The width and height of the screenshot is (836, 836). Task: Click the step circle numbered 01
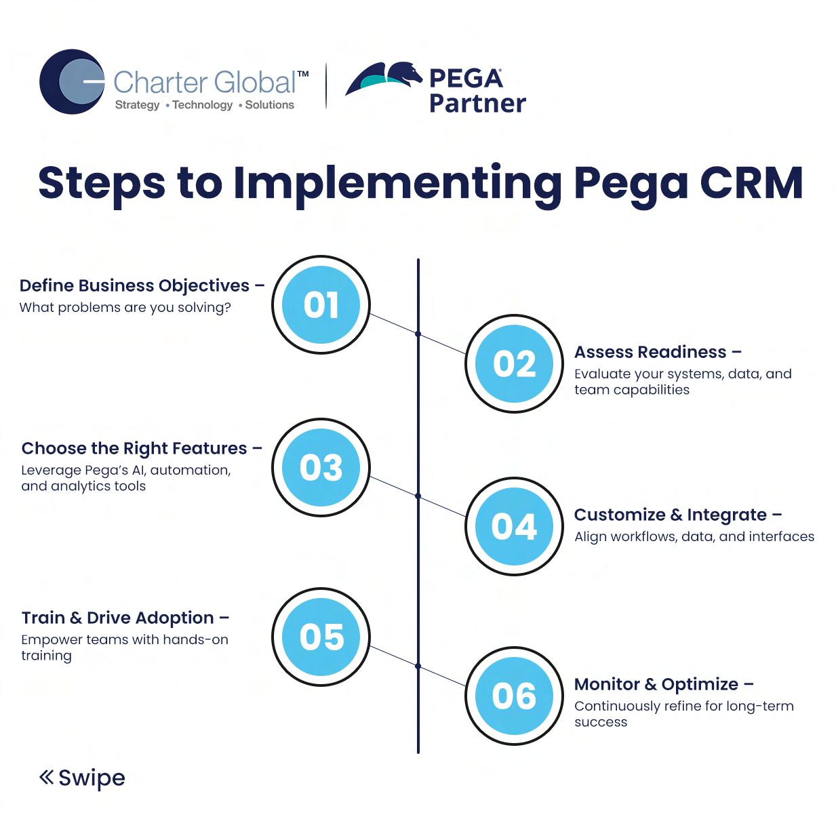(321, 304)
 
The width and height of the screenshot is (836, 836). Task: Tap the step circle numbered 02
(514, 364)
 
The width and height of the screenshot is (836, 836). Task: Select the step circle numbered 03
(321, 467)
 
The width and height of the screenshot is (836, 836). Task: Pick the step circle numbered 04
(514, 527)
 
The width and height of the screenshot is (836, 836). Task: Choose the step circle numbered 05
(321, 637)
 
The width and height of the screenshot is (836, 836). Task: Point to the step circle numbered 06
(514, 696)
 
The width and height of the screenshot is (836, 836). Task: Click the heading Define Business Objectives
(134, 285)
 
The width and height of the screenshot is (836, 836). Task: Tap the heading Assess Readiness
(650, 352)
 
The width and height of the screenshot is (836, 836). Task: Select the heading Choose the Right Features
(134, 448)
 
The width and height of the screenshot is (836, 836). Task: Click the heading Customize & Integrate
(670, 515)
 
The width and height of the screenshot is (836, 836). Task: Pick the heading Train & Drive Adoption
(117, 618)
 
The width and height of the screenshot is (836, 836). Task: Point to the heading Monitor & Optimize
(656, 684)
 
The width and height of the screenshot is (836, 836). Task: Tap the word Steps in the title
(102, 183)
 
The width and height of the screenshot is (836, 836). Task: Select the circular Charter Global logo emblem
(72, 81)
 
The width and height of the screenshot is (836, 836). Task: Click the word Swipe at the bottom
(92, 778)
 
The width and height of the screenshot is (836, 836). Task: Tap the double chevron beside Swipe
(46, 777)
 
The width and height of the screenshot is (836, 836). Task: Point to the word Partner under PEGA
(477, 103)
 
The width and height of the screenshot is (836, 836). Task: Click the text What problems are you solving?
(125, 307)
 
